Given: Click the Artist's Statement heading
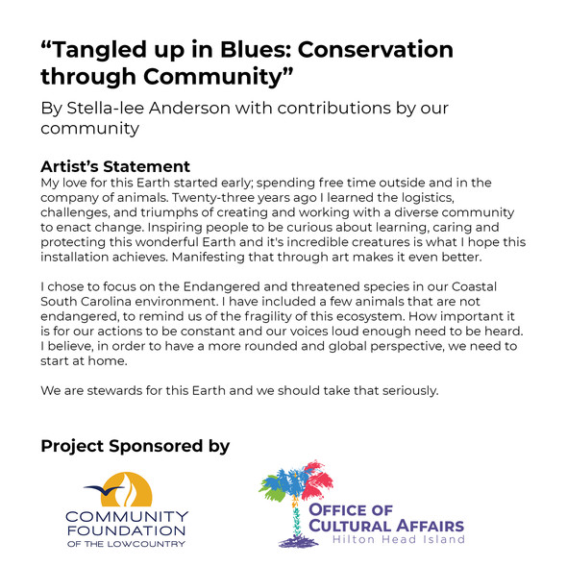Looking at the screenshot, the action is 115,166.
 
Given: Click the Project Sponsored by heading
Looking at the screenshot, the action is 136,446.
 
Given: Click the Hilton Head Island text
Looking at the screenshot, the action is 399,539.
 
